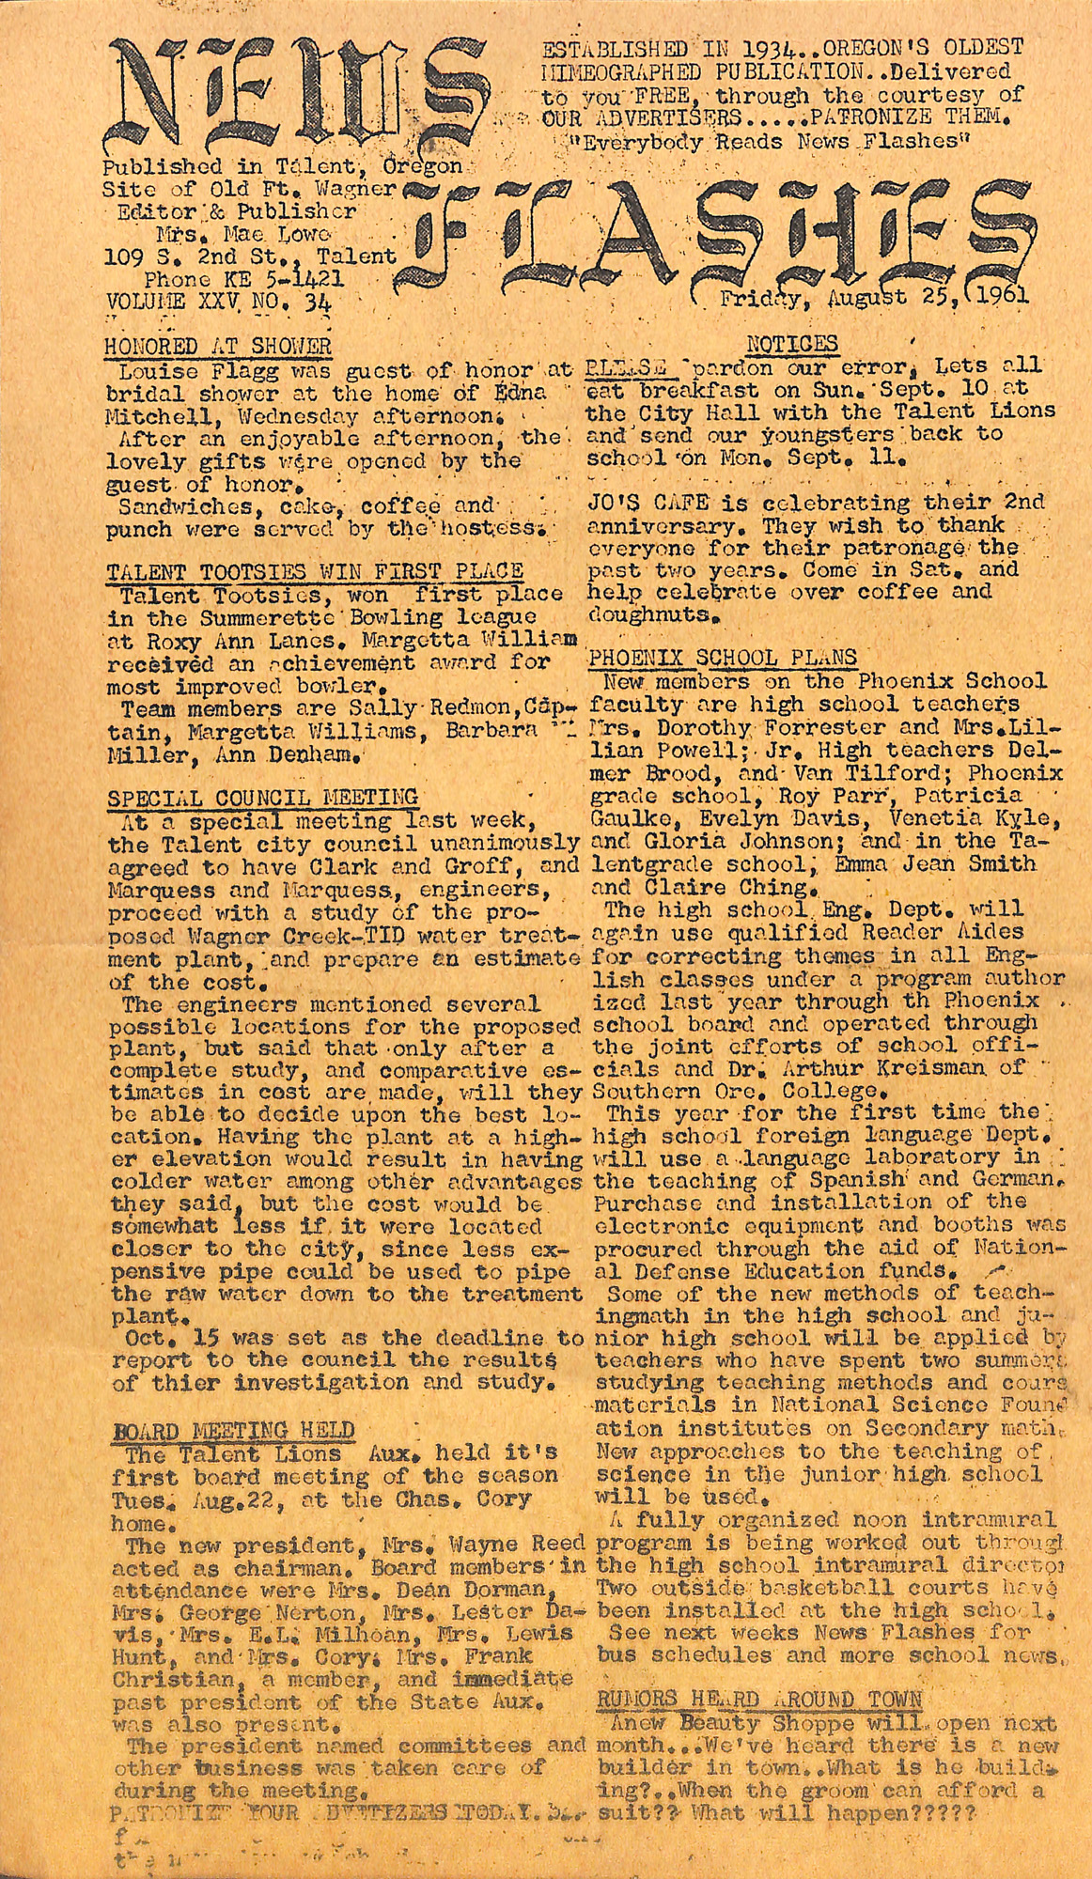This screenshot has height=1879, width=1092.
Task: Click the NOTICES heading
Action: pyautogui.click(x=791, y=344)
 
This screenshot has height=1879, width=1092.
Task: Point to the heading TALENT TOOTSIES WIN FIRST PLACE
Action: pyautogui.click(x=314, y=571)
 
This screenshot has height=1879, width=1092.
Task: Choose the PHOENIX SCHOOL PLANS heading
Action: pyautogui.click(x=722, y=658)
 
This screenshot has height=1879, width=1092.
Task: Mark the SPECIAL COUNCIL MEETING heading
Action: pyautogui.click(x=262, y=799)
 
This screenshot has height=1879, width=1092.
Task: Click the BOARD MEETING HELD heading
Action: pyautogui.click(x=233, y=1431)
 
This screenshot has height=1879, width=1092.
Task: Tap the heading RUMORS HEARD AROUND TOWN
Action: pyautogui.click(x=760, y=1700)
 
